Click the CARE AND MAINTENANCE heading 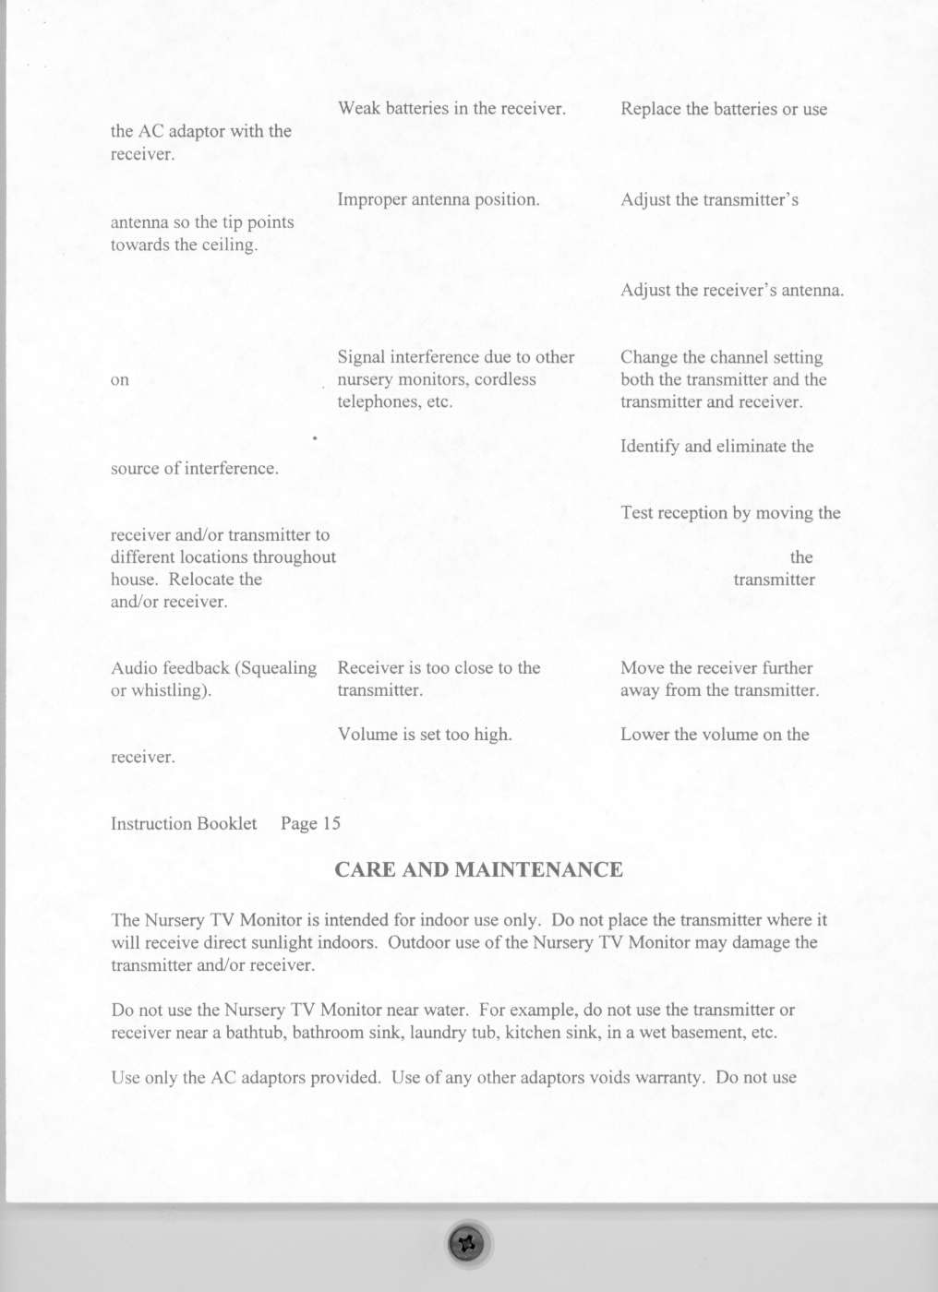coord(478,869)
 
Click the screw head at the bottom coord(466,1243)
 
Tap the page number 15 coord(331,823)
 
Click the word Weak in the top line coord(359,108)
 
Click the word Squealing coord(277,668)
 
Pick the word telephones coord(378,401)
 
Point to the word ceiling coord(230,245)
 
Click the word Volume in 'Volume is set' coord(367,735)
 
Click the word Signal coord(361,357)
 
